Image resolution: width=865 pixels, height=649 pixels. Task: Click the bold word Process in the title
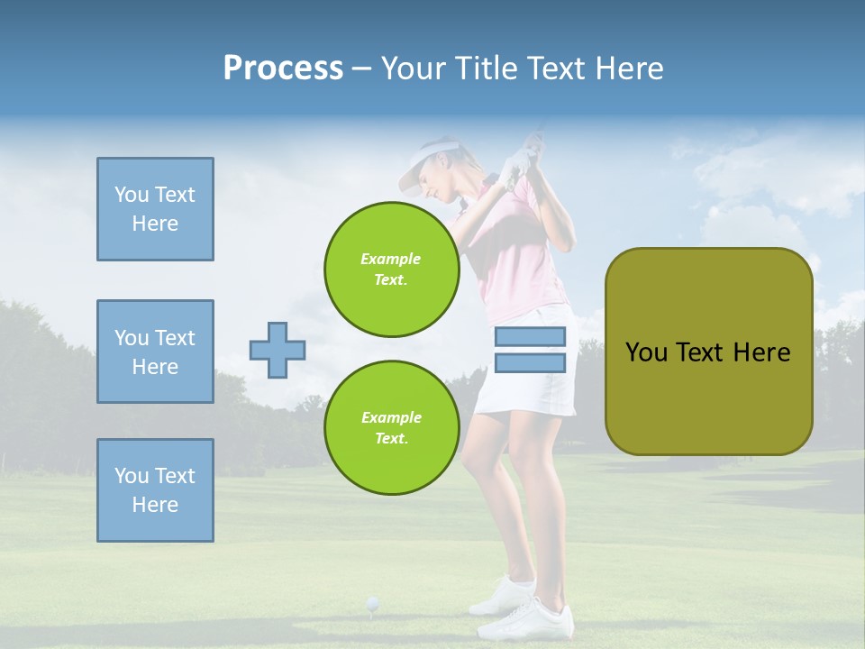(283, 69)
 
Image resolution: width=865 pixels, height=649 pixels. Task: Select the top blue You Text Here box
(155, 209)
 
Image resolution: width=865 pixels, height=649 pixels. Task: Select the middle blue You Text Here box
(155, 352)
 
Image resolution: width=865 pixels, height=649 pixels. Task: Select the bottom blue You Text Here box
(155, 490)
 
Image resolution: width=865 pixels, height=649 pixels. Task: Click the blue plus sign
(277, 349)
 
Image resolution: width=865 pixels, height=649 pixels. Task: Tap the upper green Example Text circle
(391, 270)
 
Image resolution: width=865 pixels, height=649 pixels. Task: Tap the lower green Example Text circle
(391, 427)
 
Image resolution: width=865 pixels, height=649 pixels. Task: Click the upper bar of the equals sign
(530, 336)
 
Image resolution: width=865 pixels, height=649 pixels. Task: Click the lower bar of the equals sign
(530, 363)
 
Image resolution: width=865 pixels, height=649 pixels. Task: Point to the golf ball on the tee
(371, 602)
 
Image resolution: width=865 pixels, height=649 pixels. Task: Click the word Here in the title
(629, 69)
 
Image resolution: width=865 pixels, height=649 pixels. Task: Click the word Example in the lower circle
(391, 417)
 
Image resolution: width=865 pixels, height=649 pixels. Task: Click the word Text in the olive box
(706, 352)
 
